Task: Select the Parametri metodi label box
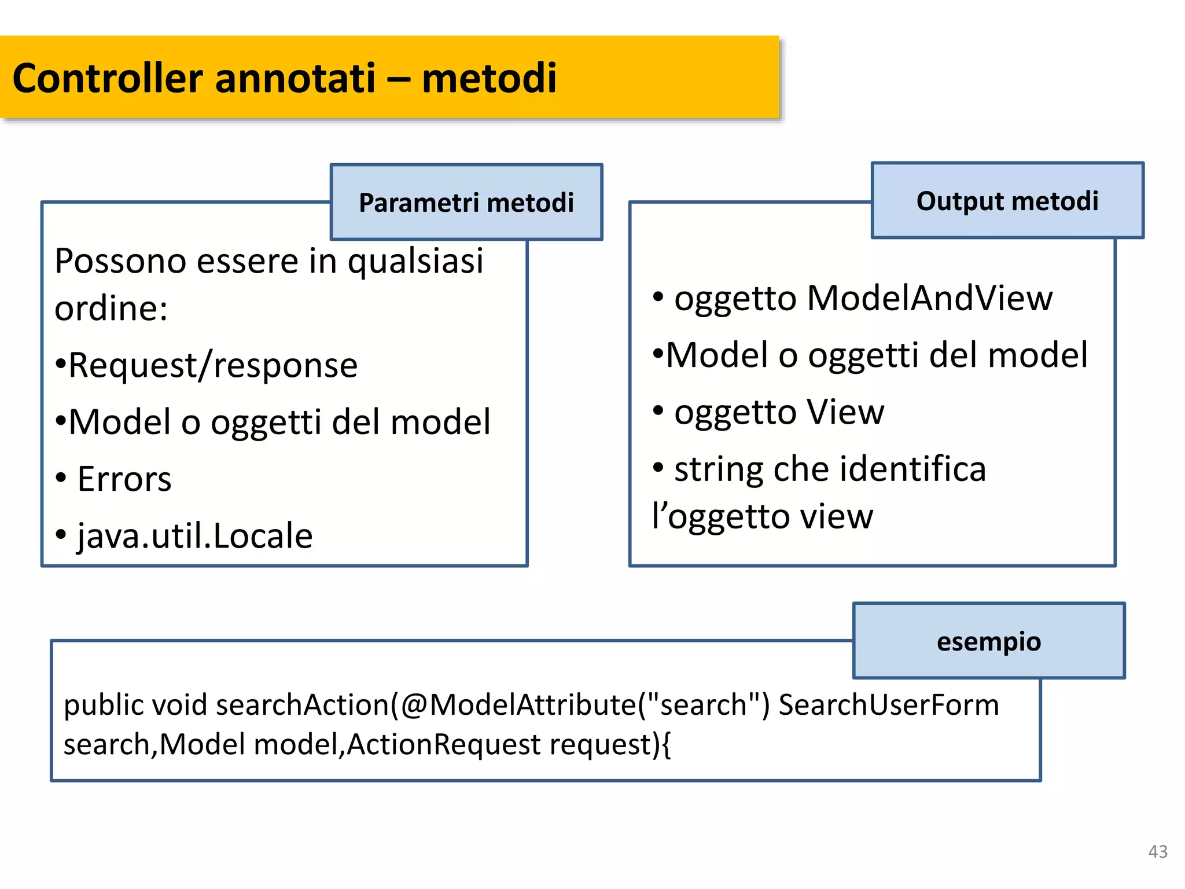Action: click(x=466, y=202)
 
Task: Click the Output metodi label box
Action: click(x=1007, y=200)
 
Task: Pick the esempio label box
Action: click(x=989, y=641)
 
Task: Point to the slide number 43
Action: click(x=1158, y=851)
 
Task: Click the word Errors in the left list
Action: click(x=124, y=479)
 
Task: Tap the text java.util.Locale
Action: click(x=195, y=536)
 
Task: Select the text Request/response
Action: click(x=213, y=365)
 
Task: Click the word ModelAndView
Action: click(x=929, y=298)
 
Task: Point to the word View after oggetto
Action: click(x=845, y=412)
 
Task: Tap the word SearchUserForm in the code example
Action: click(x=889, y=705)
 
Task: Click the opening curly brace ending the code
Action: click(x=666, y=745)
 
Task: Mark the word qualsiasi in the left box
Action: click(x=415, y=261)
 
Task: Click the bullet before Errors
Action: click(x=61, y=478)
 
